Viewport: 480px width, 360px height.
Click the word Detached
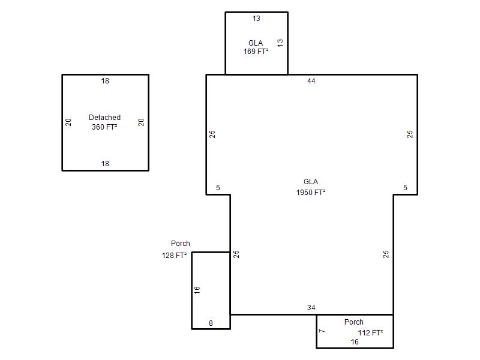104,117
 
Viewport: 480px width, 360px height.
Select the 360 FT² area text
104,127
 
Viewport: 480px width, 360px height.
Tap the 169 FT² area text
256,52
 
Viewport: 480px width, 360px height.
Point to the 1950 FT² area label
311,192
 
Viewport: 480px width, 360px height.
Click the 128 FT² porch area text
174,255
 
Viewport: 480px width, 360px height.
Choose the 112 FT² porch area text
370,332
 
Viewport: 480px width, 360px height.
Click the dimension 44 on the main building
311,81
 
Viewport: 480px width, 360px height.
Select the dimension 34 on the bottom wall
311,308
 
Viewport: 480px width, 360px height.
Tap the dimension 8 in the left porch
211,323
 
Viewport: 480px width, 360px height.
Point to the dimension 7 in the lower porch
322,331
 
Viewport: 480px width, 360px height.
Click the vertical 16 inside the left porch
197,290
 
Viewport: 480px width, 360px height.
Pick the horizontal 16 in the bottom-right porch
355,342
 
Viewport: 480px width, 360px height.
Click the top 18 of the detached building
105,81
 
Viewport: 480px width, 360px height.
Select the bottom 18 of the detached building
105,164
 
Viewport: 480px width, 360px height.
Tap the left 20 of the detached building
68,122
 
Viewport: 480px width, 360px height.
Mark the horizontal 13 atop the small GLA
256,19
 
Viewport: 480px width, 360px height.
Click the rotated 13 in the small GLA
280,43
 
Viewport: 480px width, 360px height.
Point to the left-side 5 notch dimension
218,188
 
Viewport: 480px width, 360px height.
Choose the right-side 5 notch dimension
406,188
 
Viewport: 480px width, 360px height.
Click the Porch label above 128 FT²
181,244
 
